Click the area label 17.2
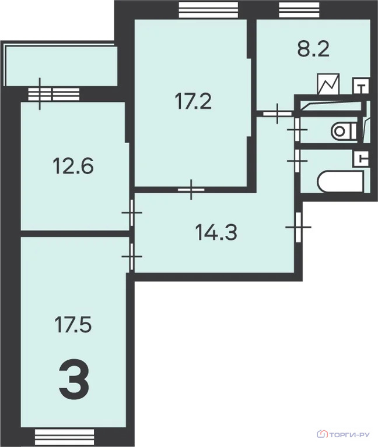[x=193, y=102]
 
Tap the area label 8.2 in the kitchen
[x=313, y=49]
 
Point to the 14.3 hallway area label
[x=216, y=232]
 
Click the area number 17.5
[x=73, y=325]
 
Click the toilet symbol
[x=344, y=132]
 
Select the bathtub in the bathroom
[x=340, y=182]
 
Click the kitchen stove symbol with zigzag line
[x=328, y=84]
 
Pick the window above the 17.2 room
[x=208, y=10]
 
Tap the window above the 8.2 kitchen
[x=299, y=10]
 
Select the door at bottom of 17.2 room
[x=191, y=190]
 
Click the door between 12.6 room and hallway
[x=132, y=212]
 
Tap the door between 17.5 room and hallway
[x=132, y=257]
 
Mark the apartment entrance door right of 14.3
[x=298, y=227]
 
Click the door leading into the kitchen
[x=277, y=113]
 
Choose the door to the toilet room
[x=297, y=130]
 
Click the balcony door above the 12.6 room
[x=40, y=94]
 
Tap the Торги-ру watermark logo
[x=343, y=434]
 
